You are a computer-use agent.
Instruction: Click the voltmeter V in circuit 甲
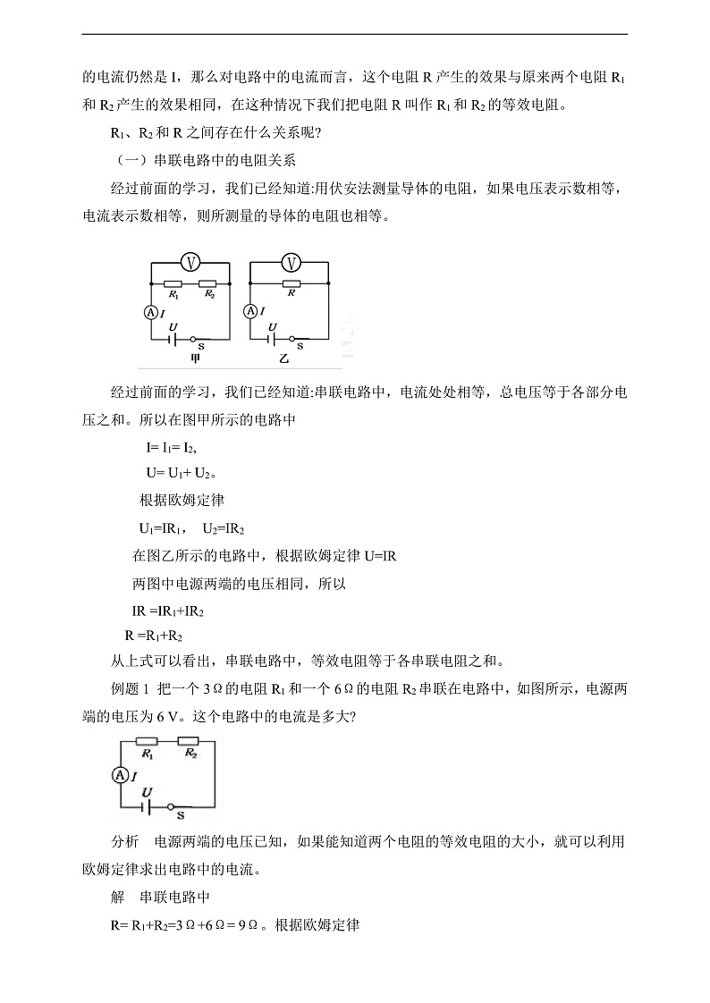coord(190,261)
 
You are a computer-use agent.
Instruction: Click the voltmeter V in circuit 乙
coord(290,261)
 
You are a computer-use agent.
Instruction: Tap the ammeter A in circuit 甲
coord(150,311)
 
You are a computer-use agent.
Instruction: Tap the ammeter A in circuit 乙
coord(250,311)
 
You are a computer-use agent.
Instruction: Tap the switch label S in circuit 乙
coord(300,345)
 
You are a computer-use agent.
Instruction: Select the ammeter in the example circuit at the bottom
coord(119,775)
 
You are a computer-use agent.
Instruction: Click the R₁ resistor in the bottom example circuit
coord(147,741)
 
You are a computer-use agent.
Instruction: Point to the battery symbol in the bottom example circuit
coord(145,806)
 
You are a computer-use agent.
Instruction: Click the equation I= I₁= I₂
coord(171,447)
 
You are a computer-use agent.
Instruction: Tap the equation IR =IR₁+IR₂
coord(168,611)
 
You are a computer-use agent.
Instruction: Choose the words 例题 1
coord(129,687)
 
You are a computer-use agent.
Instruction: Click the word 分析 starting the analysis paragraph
coord(124,842)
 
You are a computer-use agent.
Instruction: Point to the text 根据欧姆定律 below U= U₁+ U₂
coord(182,500)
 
